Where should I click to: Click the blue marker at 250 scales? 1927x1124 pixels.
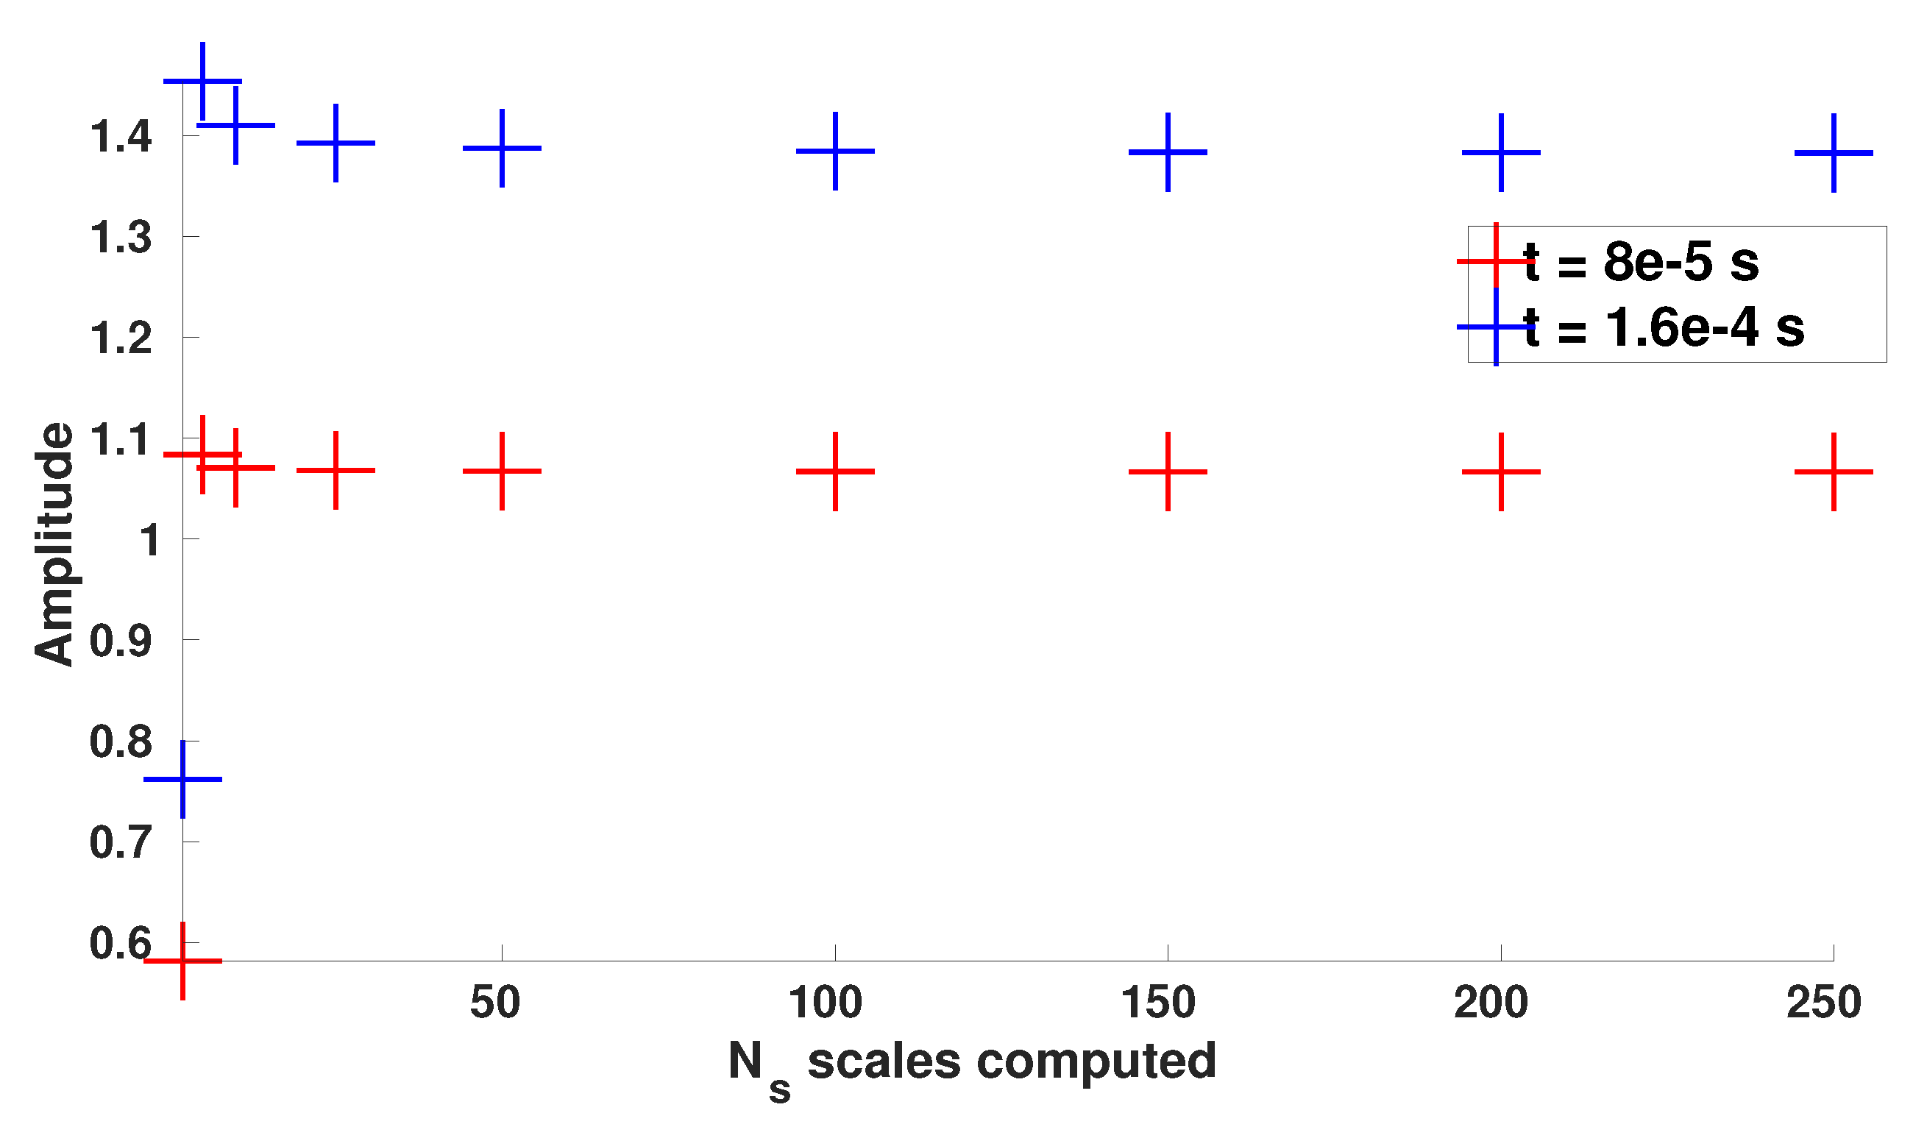[x=1834, y=153]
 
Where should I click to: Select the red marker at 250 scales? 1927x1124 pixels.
[x=1834, y=472]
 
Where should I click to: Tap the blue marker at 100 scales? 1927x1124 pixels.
[x=835, y=151]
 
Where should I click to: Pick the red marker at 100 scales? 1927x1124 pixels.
[x=835, y=471]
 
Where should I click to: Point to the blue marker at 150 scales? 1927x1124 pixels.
[x=1168, y=152]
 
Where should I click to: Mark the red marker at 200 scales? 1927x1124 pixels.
[x=1501, y=472]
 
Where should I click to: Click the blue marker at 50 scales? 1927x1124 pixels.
[x=502, y=148]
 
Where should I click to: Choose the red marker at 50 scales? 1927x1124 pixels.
[x=502, y=471]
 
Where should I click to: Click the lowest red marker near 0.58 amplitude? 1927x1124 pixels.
[x=182, y=961]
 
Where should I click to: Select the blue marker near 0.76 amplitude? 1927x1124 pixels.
[x=182, y=779]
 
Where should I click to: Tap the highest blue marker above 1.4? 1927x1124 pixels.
[x=202, y=81]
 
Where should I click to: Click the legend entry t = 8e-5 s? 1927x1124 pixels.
[x=1641, y=261]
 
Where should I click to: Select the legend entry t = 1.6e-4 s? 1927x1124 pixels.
[x=1664, y=327]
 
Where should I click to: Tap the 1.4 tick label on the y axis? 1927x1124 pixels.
[x=121, y=137]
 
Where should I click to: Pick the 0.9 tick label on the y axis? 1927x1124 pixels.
[x=121, y=641]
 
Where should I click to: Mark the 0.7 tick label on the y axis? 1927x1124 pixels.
[x=121, y=842]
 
